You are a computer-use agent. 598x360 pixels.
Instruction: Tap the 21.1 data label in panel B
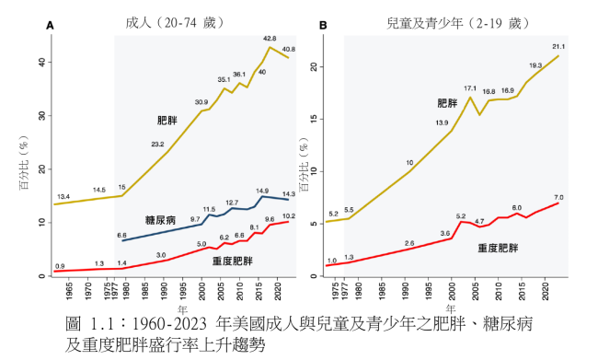pyautogui.click(x=558, y=46)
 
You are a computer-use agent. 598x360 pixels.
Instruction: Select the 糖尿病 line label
pyautogui.click(x=164, y=221)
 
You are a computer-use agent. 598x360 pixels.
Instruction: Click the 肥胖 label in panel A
pyautogui.click(x=167, y=120)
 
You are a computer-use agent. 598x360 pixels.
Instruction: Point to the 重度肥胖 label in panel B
pyautogui.click(x=499, y=249)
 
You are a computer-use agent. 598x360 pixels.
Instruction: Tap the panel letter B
pyautogui.click(x=323, y=27)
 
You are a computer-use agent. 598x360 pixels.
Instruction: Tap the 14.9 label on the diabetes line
pyautogui.click(x=262, y=191)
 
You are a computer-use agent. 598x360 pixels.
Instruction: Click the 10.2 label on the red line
pyautogui.click(x=289, y=215)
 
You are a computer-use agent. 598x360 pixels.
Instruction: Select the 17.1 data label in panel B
pyautogui.click(x=469, y=87)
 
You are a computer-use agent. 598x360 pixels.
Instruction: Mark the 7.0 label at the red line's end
pyautogui.click(x=558, y=197)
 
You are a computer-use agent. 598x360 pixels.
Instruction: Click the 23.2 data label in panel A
pyautogui.click(x=158, y=144)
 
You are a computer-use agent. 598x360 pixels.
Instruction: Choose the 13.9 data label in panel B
pyautogui.click(x=442, y=122)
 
